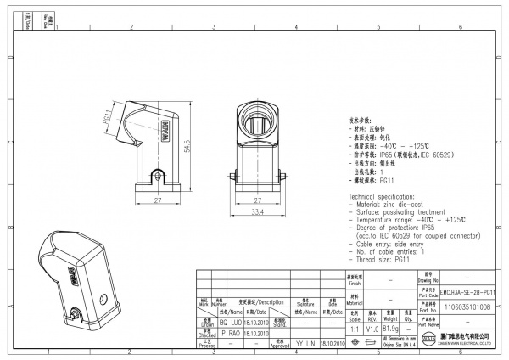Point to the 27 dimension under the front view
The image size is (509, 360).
[257, 200]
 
